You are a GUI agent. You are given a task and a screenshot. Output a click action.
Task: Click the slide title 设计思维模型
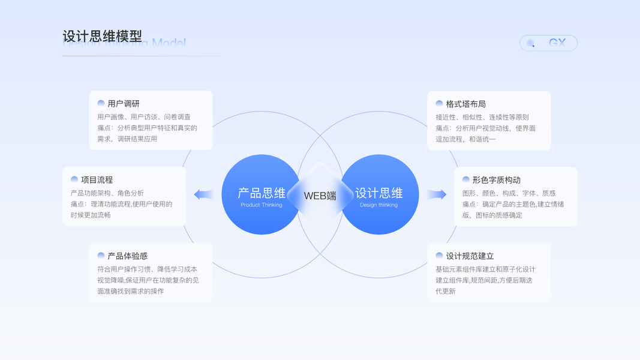[x=102, y=36]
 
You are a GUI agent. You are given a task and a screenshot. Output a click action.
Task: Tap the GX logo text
[x=557, y=43]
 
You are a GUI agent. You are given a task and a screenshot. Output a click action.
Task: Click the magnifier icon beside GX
[x=531, y=43]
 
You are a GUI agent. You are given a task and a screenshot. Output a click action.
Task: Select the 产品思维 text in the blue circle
[x=262, y=193]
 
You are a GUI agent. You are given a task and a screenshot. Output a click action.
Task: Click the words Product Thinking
[x=262, y=205]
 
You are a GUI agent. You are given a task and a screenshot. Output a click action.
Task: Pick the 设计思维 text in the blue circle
[x=379, y=193]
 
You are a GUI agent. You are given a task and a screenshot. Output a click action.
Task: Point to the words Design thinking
[x=379, y=205]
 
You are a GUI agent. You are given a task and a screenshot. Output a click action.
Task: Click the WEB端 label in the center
[x=320, y=196]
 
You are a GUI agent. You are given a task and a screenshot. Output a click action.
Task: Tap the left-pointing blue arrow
[x=204, y=194]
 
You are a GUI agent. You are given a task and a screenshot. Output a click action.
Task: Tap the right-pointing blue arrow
[x=437, y=194]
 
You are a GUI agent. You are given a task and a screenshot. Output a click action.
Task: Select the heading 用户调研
[x=124, y=104]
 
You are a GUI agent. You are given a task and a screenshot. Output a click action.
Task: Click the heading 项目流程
[x=97, y=179]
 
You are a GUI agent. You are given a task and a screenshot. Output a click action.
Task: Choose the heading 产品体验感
[x=127, y=256]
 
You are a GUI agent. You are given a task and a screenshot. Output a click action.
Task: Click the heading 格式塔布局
[x=465, y=104]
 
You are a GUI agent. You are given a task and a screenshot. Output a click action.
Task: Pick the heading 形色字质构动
[x=496, y=179]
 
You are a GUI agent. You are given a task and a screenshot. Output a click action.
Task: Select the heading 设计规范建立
[x=470, y=256]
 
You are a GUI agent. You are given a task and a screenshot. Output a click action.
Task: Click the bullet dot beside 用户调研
[x=101, y=104]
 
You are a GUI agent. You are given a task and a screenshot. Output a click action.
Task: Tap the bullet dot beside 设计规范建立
[x=439, y=256]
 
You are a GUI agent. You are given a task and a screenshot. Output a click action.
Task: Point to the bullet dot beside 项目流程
[x=74, y=179]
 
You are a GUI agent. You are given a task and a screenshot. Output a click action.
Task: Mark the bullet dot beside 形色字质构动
[x=465, y=179]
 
